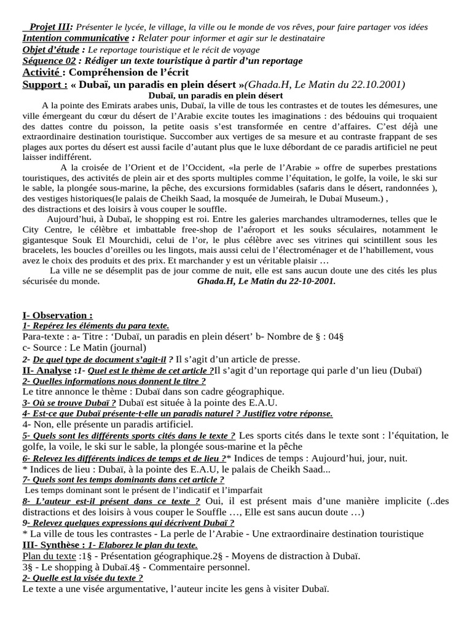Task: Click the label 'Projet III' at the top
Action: [50, 27]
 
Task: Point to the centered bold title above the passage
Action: [216, 95]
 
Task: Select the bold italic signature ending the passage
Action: [266, 281]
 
